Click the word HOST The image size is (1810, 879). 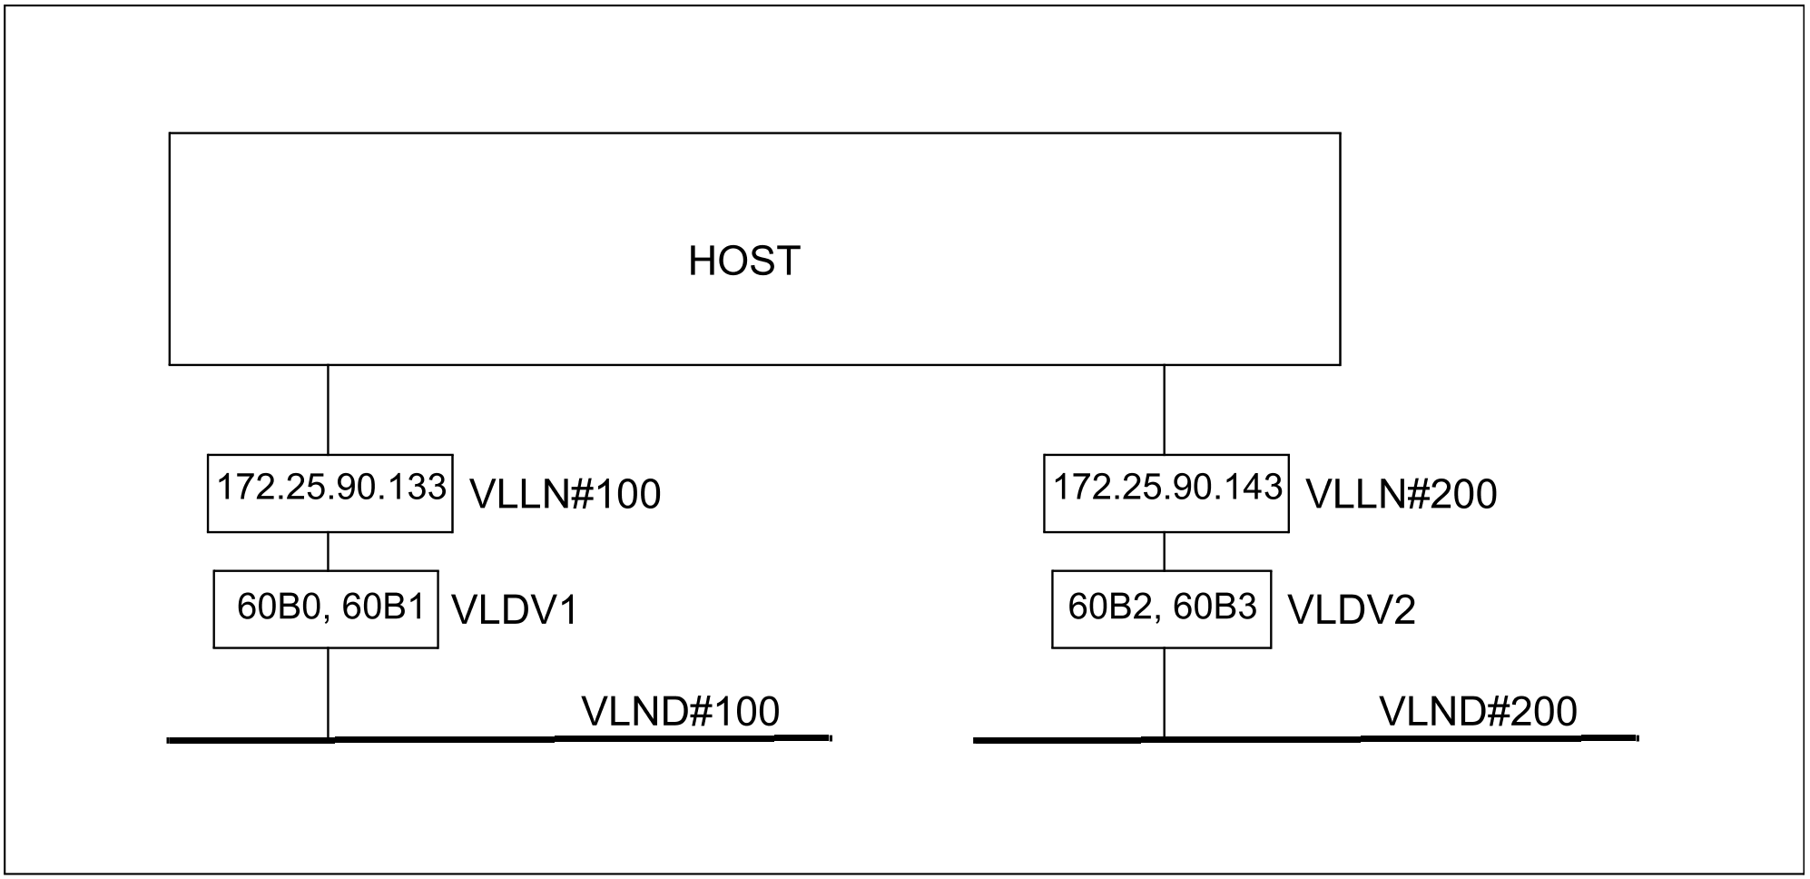(x=744, y=262)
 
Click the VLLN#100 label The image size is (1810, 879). (x=566, y=495)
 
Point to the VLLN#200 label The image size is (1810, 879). (x=1402, y=495)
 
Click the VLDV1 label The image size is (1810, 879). (x=515, y=611)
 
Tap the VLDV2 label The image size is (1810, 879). (x=1352, y=611)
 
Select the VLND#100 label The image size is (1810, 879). (x=681, y=712)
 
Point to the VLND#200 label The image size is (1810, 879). (x=1479, y=712)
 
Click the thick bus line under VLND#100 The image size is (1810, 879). (x=499, y=739)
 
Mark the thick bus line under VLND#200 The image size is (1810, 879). (x=1306, y=739)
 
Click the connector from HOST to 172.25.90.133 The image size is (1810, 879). (x=328, y=410)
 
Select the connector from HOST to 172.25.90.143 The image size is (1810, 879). (x=1165, y=410)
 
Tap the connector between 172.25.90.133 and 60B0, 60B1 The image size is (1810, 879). (x=328, y=551)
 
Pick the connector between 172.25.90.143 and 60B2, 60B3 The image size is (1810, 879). (x=1165, y=551)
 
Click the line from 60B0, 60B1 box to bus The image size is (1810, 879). (x=328, y=692)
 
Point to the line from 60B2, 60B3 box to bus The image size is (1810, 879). (x=1165, y=692)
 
